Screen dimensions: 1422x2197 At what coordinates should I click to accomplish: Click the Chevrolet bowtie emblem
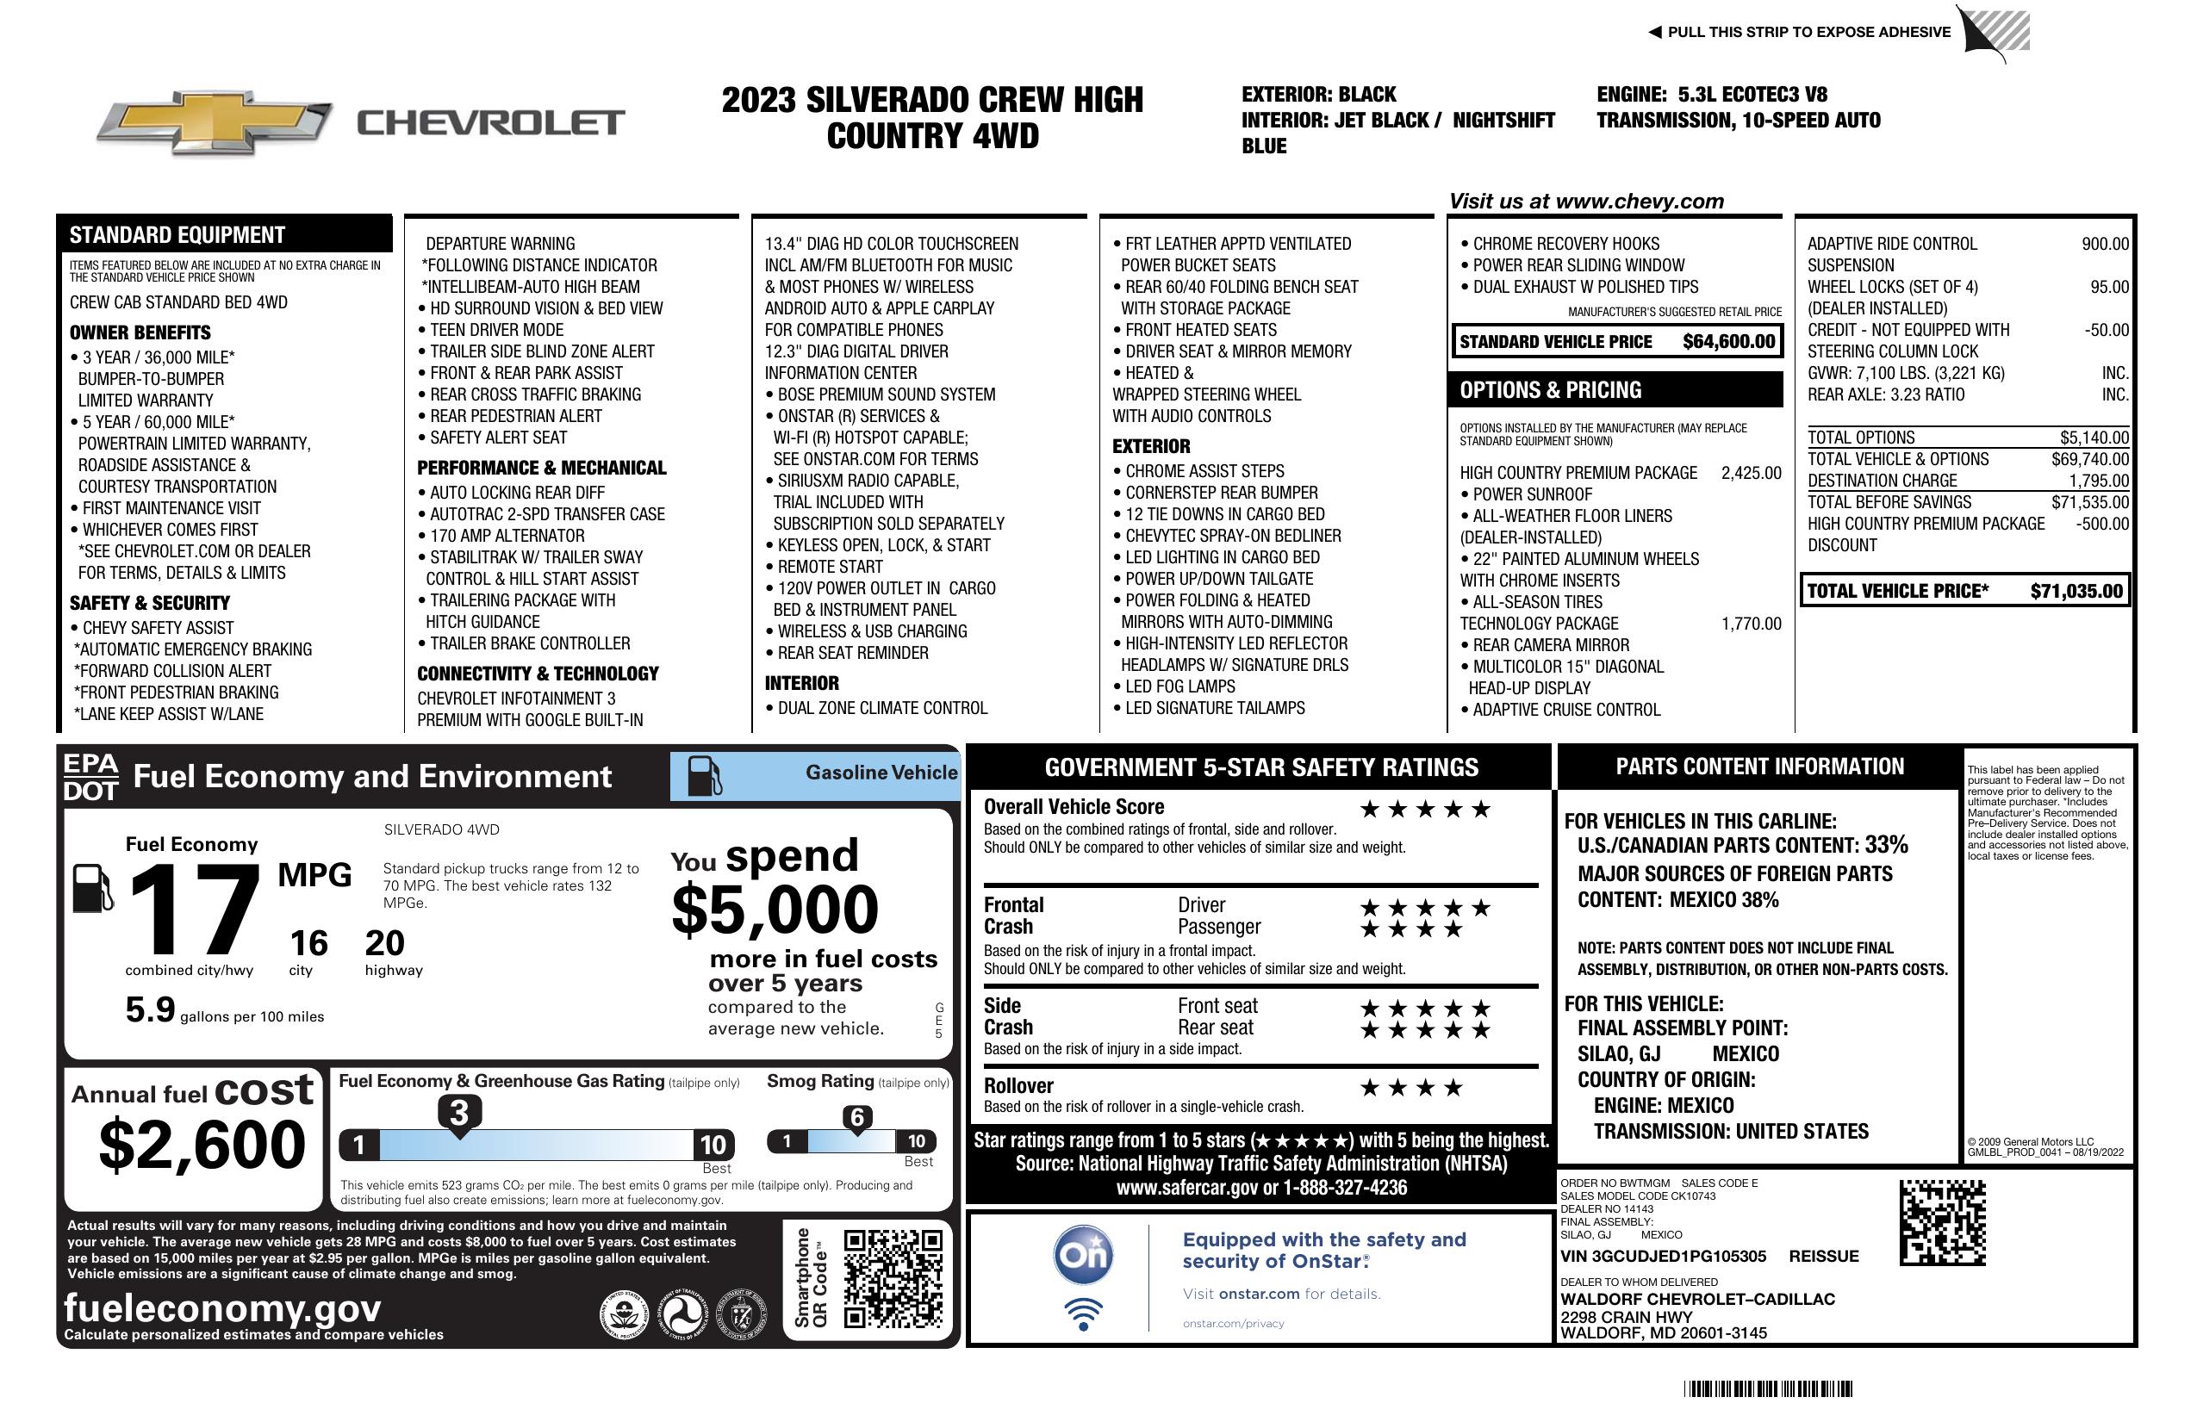click(215, 122)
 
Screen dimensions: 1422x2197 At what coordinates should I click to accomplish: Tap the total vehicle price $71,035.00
click(2076, 592)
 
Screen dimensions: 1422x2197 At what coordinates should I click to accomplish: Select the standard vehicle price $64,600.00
click(1728, 341)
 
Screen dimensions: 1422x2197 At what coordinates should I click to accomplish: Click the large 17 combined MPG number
click(195, 909)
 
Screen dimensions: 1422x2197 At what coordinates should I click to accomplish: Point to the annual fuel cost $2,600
click(202, 1145)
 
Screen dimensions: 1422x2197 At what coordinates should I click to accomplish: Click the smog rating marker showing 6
click(856, 1117)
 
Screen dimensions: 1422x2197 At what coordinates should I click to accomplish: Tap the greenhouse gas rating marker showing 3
click(458, 1112)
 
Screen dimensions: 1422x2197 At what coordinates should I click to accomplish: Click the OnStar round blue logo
click(1083, 1255)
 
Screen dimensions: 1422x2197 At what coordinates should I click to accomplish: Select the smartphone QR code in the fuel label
click(893, 1278)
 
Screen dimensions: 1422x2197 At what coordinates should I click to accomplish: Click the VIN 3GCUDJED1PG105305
click(1663, 1256)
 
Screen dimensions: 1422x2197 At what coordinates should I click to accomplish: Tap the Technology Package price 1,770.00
click(1750, 624)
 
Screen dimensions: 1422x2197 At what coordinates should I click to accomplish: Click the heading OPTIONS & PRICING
click(1550, 390)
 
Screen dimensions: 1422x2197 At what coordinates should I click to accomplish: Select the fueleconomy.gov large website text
click(221, 1307)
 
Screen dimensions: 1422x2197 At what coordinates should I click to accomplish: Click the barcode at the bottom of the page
click(1767, 1388)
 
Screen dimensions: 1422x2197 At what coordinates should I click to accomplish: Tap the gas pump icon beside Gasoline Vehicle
click(705, 776)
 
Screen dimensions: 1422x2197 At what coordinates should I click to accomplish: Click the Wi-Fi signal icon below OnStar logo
click(1083, 1314)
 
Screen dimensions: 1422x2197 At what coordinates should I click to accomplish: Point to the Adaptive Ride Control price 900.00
click(2105, 244)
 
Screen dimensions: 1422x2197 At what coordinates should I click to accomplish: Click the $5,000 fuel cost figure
click(775, 910)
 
